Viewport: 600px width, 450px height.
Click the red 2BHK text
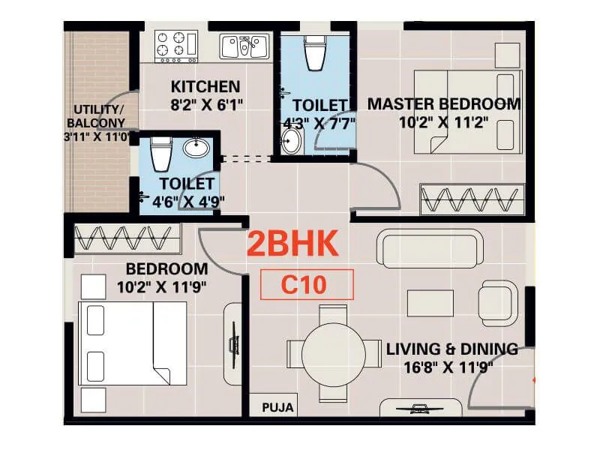[x=293, y=244]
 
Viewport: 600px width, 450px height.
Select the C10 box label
[x=306, y=284]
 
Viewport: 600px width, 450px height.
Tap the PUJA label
[x=277, y=409]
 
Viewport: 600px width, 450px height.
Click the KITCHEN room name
[x=205, y=86]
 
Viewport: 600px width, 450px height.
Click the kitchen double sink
[x=244, y=46]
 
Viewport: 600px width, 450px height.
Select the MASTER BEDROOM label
[x=443, y=103]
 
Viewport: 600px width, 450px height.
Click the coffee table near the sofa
[x=430, y=303]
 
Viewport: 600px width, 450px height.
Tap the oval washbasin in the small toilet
[x=196, y=148]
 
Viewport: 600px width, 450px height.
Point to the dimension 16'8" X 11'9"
[x=451, y=367]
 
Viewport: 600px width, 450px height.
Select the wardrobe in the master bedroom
[x=471, y=201]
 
